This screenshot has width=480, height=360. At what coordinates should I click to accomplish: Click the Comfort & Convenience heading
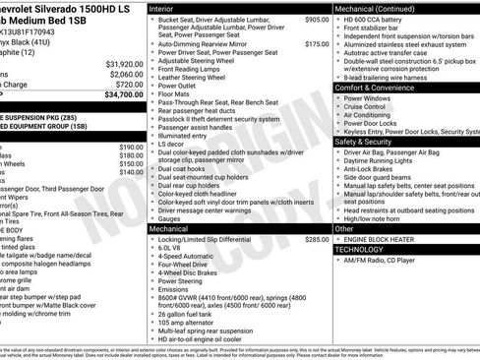pyautogui.click(x=374, y=88)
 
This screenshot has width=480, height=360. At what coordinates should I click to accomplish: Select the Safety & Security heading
pyautogui.click(x=365, y=142)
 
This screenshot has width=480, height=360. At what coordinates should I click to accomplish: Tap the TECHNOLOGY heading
pyautogui.click(x=362, y=249)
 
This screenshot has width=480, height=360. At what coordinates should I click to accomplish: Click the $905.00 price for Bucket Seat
pyautogui.click(x=317, y=19)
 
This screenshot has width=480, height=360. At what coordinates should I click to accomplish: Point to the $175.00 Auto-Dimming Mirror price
pyautogui.click(x=317, y=44)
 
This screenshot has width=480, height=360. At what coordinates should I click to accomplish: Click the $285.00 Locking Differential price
pyautogui.click(x=317, y=239)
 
